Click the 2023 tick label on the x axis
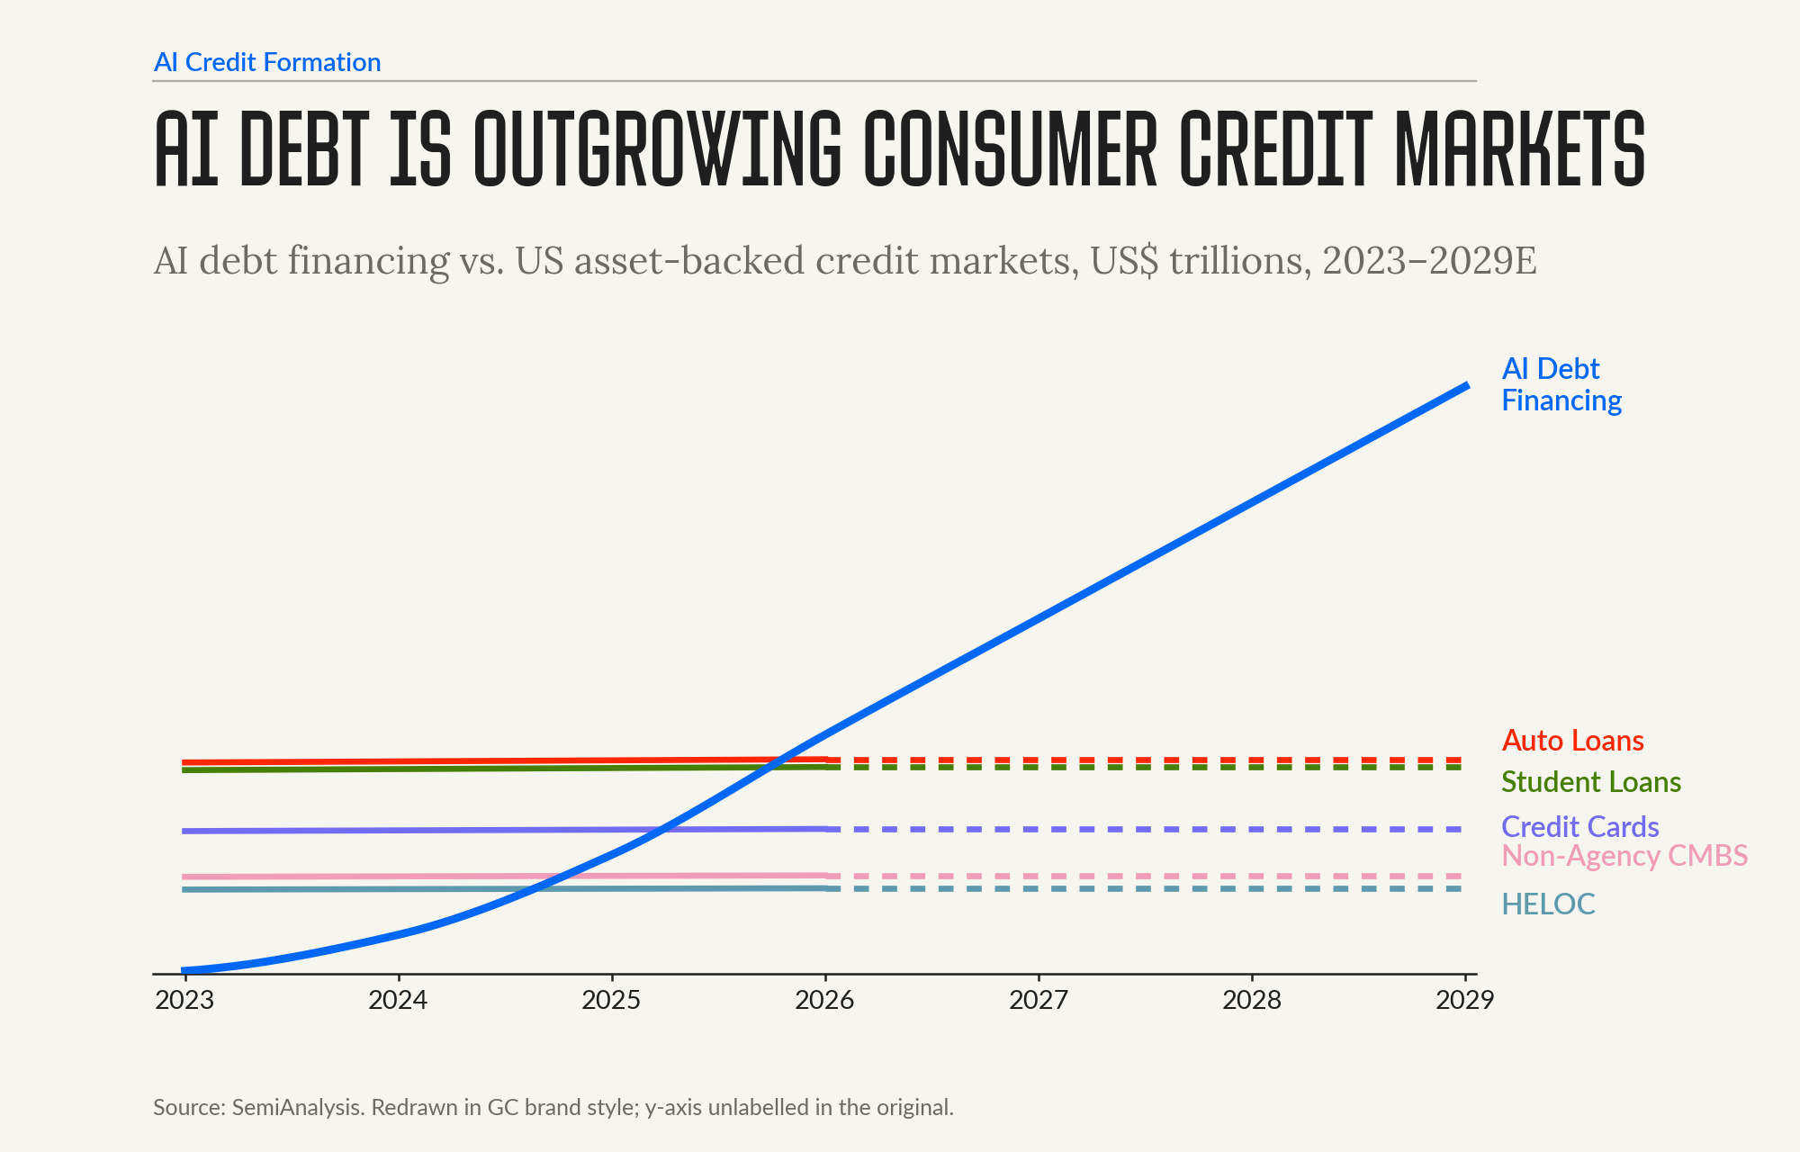point(184,1000)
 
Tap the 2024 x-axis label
point(398,1000)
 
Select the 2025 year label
point(611,1000)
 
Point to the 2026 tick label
point(824,1000)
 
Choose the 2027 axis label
point(1039,1000)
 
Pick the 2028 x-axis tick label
point(1252,1000)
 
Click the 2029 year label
point(1465,1000)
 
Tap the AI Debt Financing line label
point(1561,384)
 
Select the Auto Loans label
point(1573,741)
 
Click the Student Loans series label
point(1591,782)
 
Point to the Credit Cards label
point(1580,826)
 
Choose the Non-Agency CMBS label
point(1625,856)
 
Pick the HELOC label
point(1548,904)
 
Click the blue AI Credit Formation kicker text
point(267,62)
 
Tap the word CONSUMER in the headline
point(1010,148)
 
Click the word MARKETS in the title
point(1520,148)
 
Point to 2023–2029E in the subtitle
point(1429,261)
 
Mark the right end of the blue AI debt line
point(1468,385)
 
